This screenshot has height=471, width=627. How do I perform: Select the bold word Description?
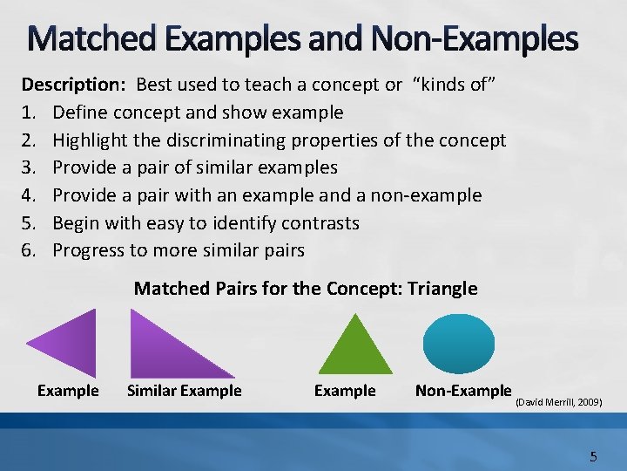[x=73, y=85]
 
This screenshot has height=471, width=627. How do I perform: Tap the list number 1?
[x=28, y=113]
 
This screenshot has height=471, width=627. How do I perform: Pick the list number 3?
[x=28, y=167]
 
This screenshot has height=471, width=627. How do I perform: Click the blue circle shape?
[x=459, y=344]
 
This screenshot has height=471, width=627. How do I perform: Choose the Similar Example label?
[x=184, y=391]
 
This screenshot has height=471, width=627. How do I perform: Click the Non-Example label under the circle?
[x=463, y=391]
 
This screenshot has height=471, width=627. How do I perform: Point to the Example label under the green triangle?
[x=345, y=391]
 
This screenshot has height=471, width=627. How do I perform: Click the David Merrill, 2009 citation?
[x=558, y=402]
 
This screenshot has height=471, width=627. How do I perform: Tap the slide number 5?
[x=593, y=456]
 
